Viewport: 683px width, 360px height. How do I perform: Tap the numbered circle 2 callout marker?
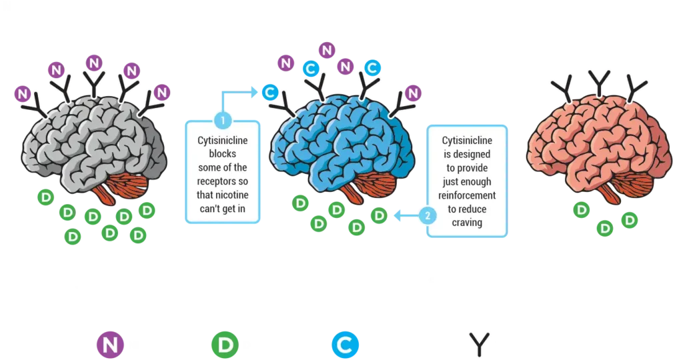(x=427, y=215)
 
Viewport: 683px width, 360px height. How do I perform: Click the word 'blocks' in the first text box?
(x=223, y=154)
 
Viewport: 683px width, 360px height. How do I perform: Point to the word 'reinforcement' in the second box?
(x=467, y=195)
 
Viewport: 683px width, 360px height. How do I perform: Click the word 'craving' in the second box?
(x=467, y=222)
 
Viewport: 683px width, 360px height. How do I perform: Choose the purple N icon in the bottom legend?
(x=108, y=343)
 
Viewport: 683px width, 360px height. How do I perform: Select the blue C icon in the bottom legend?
(x=345, y=343)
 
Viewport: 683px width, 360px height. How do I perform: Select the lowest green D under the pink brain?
(x=605, y=229)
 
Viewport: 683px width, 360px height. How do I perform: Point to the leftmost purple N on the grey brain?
(x=23, y=93)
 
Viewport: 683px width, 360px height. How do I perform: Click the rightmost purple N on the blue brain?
(x=412, y=93)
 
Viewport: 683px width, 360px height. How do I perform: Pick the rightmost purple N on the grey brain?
(x=161, y=92)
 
